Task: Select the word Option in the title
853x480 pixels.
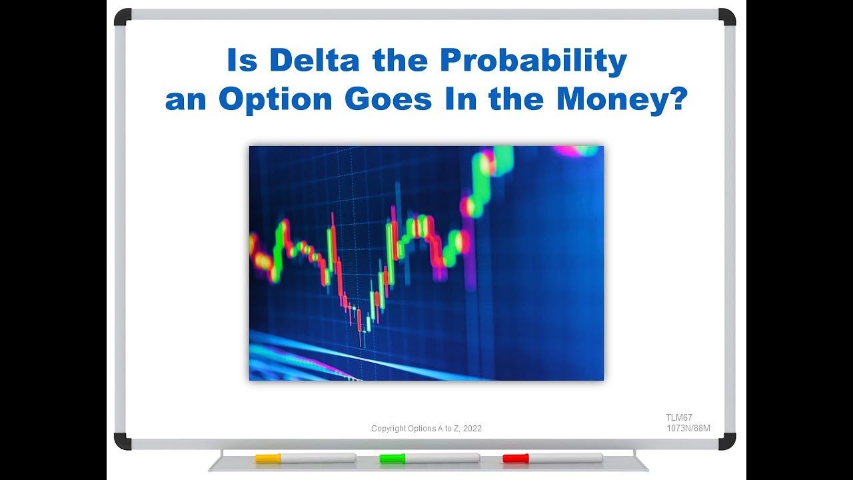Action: point(275,99)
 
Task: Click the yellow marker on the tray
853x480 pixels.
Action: point(305,458)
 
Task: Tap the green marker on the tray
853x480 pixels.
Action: point(430,458)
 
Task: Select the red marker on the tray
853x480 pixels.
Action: point(552,458)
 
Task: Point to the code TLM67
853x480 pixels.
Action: point(679,417)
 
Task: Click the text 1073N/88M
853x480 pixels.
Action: point(688,428)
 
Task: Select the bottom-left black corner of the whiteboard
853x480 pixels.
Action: point(123,441)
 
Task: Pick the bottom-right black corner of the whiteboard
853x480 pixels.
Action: point(727,441)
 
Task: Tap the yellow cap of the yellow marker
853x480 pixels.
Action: point(267,458)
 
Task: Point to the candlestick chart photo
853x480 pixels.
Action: point(426,263)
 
